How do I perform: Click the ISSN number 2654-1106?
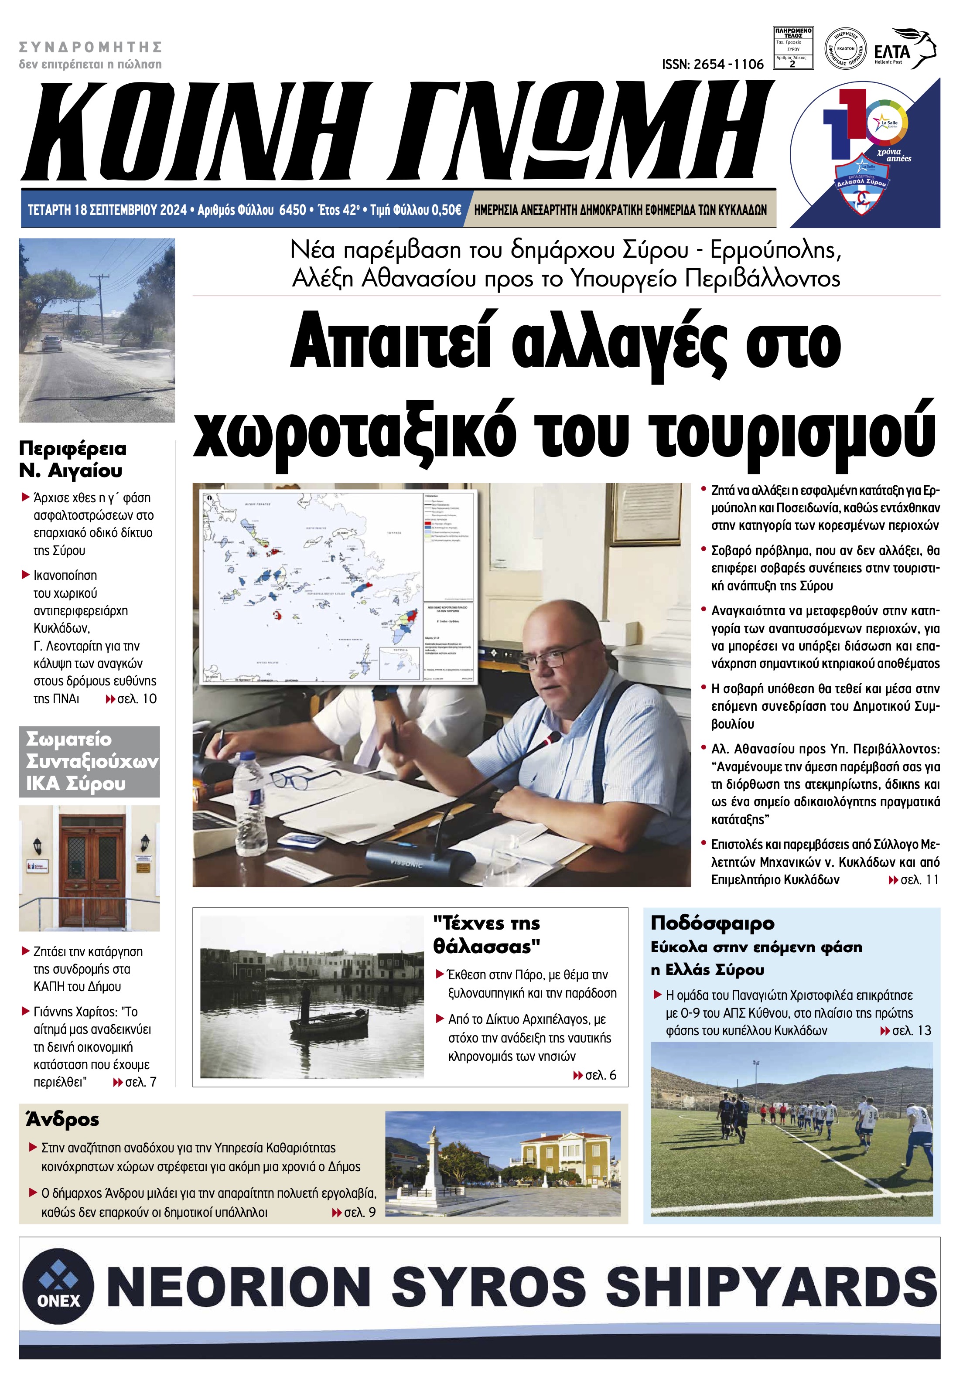pyautogui.click(x=712, y=65)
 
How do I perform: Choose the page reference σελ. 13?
pyautogui.click(x=911, y=1031)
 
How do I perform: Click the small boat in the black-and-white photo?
pyautogui.click(x=329, y=1022)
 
